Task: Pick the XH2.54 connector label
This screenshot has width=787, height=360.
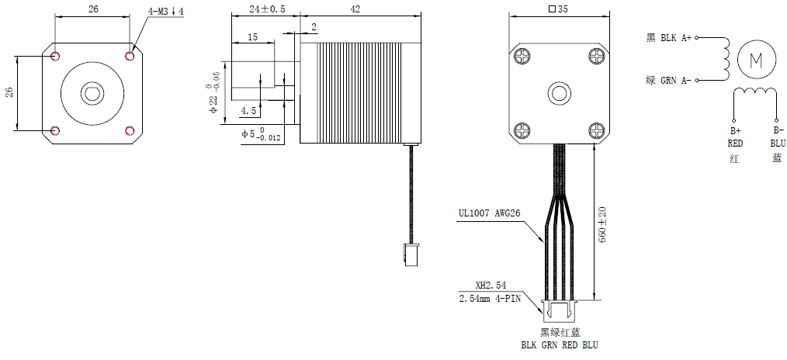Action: [x=491, y=286]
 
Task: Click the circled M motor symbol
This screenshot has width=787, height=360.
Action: [x=755, y=59]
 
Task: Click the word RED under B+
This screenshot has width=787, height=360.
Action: [x=735, y=144]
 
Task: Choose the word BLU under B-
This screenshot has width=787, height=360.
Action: [x=777, y=144]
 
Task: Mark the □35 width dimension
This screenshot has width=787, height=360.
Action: [x=558, y=10]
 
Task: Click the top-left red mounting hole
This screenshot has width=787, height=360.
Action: [x=55, y=56]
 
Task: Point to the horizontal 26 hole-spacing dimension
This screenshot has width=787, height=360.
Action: [x=92, y=10]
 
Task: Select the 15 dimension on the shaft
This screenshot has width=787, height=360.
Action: [x=253, y=36]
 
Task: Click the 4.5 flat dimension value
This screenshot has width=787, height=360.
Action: [x=248, y=111]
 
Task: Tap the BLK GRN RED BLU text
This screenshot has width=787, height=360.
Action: [x=559, y=345]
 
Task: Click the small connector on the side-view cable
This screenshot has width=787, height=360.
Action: [x=409, y=254]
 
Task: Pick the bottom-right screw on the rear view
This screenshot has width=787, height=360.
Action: [x=596, y=130]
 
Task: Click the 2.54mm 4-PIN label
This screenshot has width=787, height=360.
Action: [x=490, y=298]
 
